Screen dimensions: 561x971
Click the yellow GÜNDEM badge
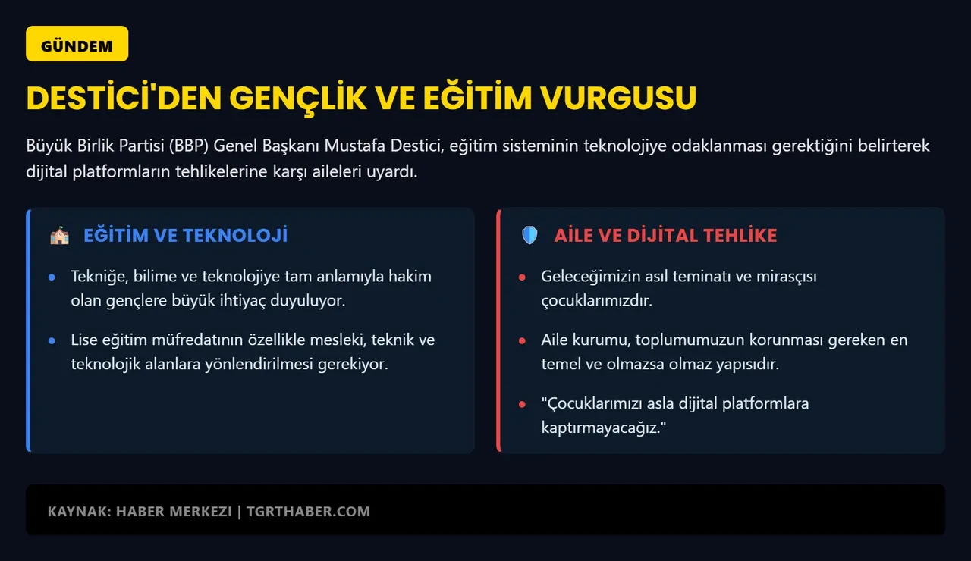coord(77,44)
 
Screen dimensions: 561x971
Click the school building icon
coord(59,236)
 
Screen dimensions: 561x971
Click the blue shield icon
coord(529,236)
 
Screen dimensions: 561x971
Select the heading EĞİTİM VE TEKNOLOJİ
coord(185,236)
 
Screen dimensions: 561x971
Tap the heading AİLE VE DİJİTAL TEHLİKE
coord(665,236)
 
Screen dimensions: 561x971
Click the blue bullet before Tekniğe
coord(52,277)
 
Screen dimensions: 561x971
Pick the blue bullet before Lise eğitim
coord(52,341)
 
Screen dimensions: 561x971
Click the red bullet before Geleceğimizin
coord(522,277)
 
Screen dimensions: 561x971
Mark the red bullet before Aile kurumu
coord(522,341)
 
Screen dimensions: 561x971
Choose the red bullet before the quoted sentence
coord(522,404)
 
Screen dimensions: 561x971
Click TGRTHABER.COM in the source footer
coord(309,511)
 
